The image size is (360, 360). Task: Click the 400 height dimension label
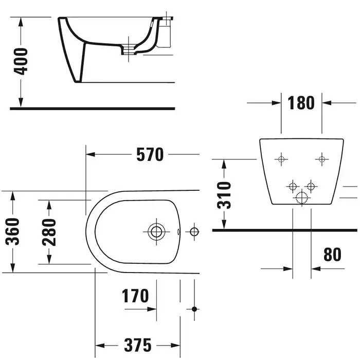tap(21, 62)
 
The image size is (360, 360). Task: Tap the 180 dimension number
tap(302, 103)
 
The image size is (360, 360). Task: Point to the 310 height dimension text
tap(224, 194)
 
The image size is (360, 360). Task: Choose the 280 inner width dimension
tap(49, 231)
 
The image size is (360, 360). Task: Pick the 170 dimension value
tap(135, 296)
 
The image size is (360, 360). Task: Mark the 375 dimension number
tap(137, 344)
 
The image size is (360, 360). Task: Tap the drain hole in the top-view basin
tap(156, 231)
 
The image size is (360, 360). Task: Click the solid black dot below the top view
tap(194, 309)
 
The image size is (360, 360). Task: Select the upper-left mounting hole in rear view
tap(281, 159)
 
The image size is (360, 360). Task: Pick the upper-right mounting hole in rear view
tap(322, 159)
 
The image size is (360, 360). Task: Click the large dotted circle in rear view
tap(301, 196)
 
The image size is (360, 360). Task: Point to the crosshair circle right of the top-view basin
tap(194, 231)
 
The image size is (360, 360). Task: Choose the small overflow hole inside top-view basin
tap(178, 231)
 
